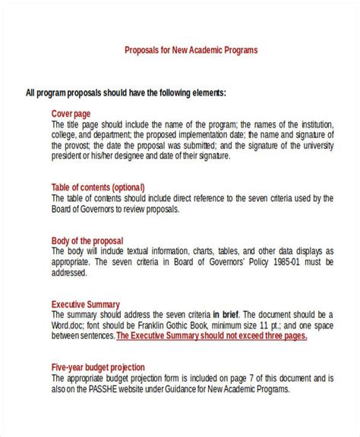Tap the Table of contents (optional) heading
click(98, 187)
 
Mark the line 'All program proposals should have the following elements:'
click(125, 93)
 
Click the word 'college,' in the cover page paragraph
click(65, 136)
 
